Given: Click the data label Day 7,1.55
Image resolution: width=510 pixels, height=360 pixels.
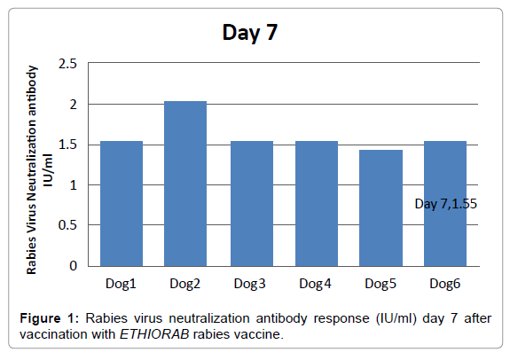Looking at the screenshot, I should coord(446,204).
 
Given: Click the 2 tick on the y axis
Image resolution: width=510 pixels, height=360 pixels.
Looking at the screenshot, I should coord(73,105).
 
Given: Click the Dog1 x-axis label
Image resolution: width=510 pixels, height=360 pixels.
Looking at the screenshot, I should coord(122,284).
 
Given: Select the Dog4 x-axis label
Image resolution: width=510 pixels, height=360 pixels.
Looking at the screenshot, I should coord(317,284).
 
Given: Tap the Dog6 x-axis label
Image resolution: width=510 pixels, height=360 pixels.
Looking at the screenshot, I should coord(446,284).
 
